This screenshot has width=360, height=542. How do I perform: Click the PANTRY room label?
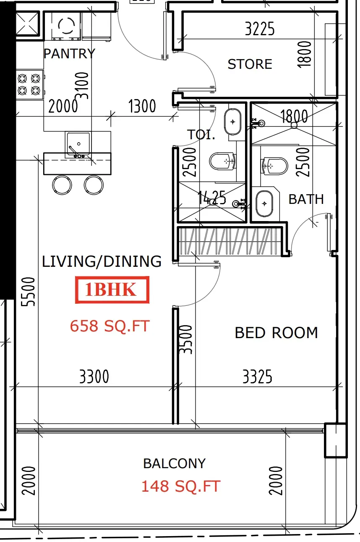[69, 53]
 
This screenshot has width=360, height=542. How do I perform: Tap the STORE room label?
[250, 64]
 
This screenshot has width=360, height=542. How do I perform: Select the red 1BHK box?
[112, 289]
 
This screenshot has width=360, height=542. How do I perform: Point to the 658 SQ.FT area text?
[110, 326]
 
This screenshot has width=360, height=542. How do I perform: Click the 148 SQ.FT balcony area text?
[181, 486]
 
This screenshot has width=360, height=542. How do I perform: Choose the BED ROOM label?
[276, 333]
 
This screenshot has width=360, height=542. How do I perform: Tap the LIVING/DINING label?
[102, 261]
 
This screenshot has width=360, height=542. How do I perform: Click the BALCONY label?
[174, 464]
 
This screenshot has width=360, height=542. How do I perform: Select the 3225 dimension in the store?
[260, 29]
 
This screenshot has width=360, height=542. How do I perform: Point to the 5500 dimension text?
[28, 292]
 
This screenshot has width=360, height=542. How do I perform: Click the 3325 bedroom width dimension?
[257, 376]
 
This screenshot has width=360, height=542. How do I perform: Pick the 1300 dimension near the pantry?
[142, 106]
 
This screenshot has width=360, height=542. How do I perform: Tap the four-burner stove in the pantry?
[29, 85]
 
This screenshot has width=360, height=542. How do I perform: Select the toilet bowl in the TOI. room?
[222, 162]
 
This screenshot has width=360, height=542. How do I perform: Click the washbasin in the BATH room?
[264, 203]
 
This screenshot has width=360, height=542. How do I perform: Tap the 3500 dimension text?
[185, 339]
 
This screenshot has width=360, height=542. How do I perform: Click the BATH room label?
[306, 199]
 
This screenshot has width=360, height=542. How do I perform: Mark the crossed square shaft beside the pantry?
[27, 23]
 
